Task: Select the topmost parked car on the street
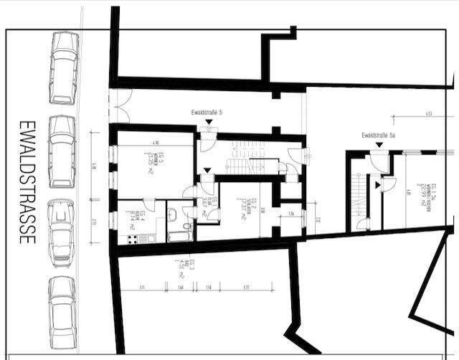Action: (63, 68)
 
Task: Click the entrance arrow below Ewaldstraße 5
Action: (208, 123)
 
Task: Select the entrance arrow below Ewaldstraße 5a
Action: (377, 146)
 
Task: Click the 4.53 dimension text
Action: (427, 114)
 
